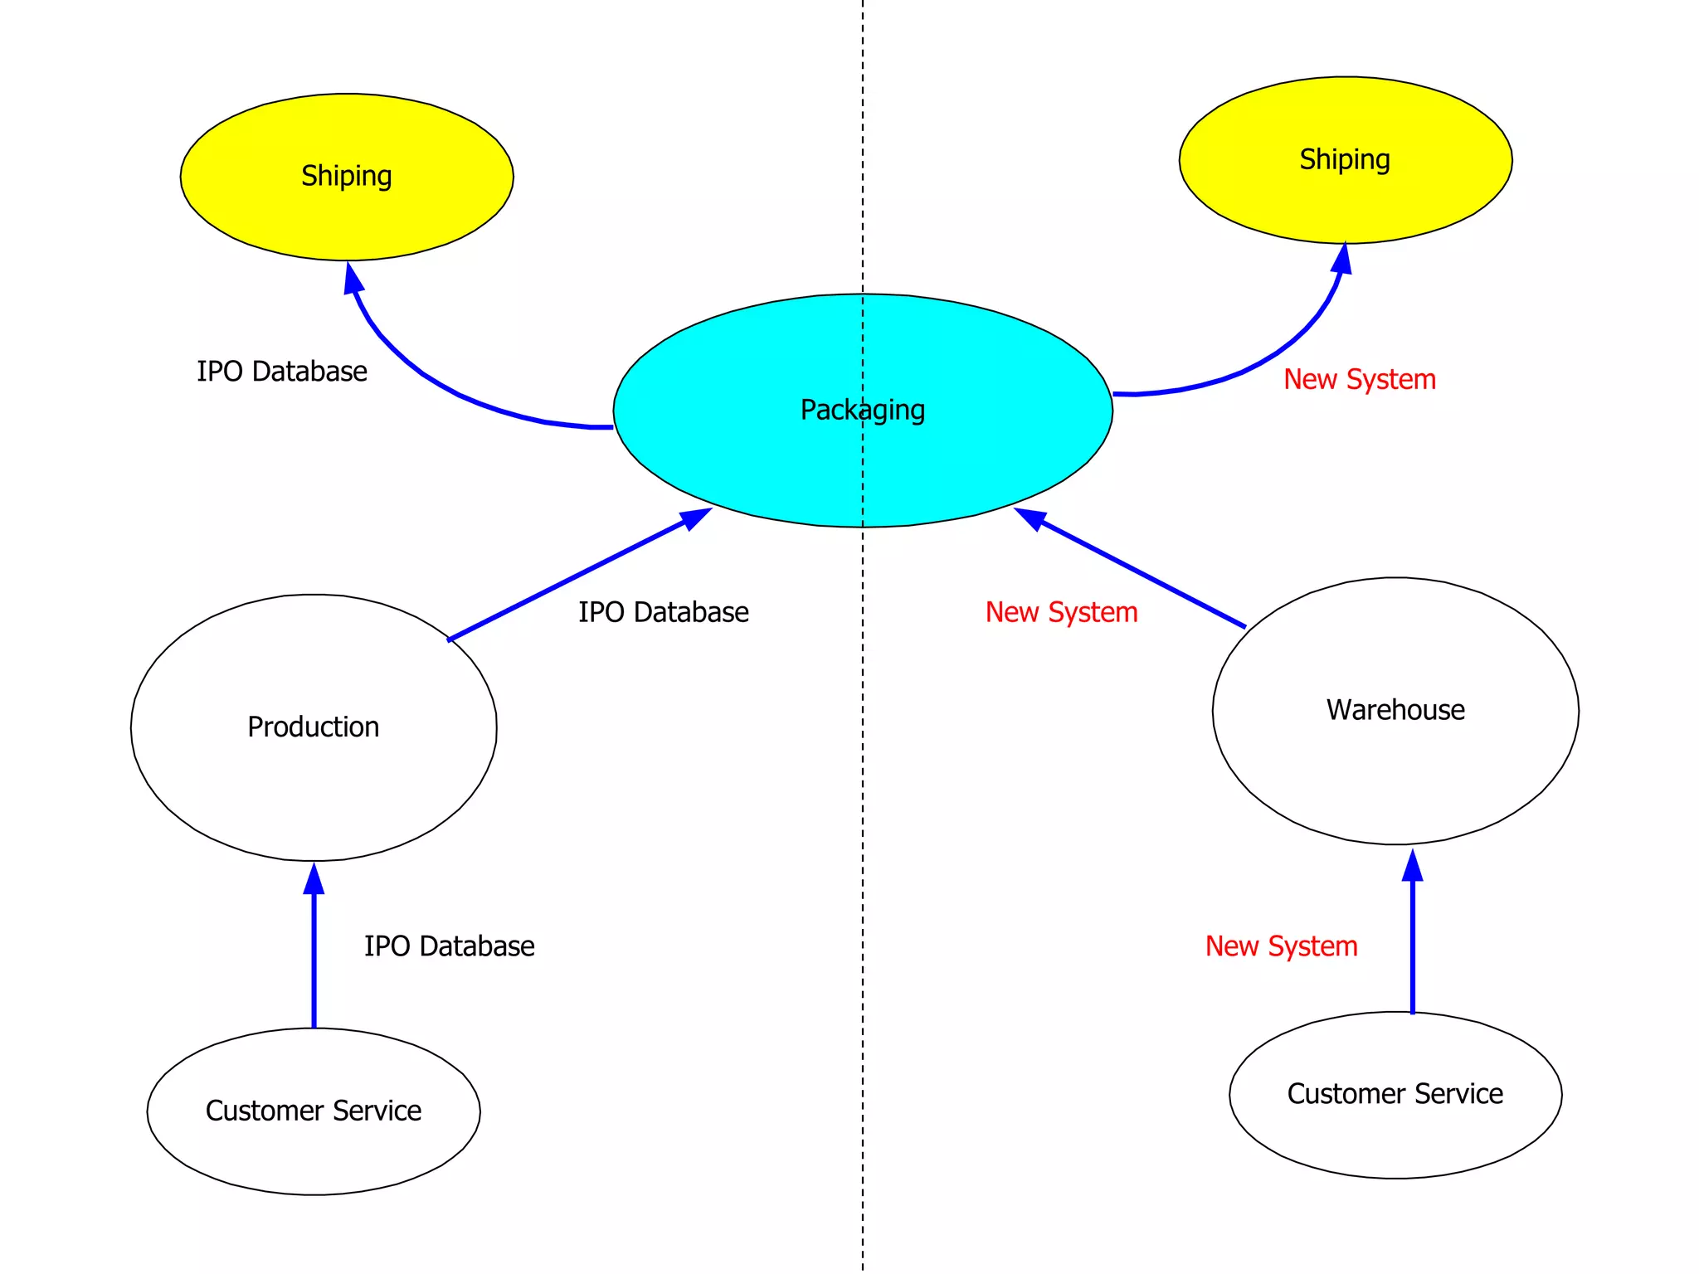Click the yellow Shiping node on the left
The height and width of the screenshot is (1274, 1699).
click(347, 177)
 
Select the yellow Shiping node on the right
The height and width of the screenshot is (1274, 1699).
click(1345, 160)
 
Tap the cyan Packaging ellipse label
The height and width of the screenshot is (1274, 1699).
click(862, 410)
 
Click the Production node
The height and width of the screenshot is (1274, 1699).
click(314, 727)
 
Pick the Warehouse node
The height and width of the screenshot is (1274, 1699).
click(1395, 711)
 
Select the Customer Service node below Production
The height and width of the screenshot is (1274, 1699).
click(314, 1111)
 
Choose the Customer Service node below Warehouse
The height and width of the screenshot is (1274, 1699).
click(1395, 1095)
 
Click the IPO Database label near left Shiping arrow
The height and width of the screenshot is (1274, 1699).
click(282, 372)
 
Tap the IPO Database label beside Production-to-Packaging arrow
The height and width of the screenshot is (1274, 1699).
click(664, 612)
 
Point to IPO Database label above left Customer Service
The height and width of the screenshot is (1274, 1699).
click(449, 946)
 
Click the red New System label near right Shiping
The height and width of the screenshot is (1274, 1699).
click(1360, 380)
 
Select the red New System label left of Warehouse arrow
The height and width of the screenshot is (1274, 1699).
click(1061, 612)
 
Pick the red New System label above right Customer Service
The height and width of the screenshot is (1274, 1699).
click(1281, 946)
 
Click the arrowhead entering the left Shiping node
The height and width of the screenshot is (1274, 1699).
click(353, 278)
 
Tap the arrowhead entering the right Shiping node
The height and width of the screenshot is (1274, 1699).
click(1342, 259)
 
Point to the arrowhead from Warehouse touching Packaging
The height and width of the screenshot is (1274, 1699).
click(1031, 518)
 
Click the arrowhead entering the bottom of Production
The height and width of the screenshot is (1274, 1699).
click(314, 879)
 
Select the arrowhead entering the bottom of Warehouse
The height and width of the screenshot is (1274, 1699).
click(1413, 866)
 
